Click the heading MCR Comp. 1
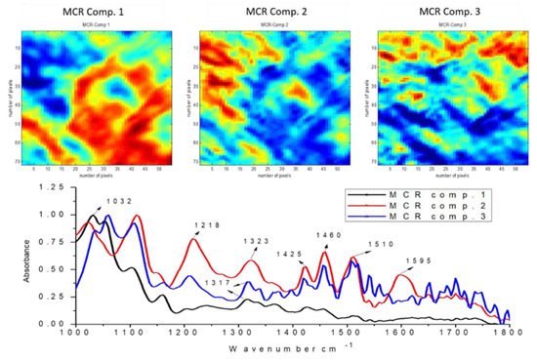pyautogui.click(x=90, y=11)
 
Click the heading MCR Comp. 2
pyautogui.click(x=268, y=11)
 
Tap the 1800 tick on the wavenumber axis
pyautogui.click(x=506, y=334)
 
